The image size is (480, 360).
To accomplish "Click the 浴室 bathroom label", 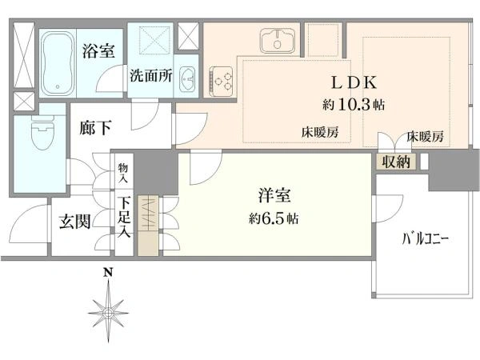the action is [x=98, y=51].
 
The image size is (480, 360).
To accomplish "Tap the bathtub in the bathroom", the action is [x=58, y=63].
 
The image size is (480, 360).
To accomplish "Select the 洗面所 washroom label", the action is [x=151, y=75].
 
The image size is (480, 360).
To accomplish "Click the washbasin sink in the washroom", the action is [x=186, y=78].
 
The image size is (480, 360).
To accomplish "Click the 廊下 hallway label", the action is [x=95, y=128].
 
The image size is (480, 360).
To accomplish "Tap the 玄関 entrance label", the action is [x=74, y=221].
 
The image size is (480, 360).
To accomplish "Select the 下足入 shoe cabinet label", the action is [x=124, y=218].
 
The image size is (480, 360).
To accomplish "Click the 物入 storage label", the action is [x=123, y=173].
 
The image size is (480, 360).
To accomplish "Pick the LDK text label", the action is [x=354, y=82].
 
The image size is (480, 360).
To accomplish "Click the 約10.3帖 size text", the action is [x=354, y=105].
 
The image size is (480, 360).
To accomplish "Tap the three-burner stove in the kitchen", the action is [x=221, y=80].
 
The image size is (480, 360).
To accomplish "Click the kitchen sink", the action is [x=278, y=41].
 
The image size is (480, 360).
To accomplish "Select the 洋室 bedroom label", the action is [x=274, y=195].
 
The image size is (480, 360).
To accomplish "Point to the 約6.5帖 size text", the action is [x=274, y=218].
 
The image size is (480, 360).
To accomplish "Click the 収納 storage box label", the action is [x=397, y=162].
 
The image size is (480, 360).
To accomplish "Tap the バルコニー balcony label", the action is [x=426, y=239].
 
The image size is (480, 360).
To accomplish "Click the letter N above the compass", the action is [x=107, y=272].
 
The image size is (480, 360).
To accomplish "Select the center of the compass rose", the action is [x=108, y=313].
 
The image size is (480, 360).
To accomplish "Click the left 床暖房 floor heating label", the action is [x=320, y=132].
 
